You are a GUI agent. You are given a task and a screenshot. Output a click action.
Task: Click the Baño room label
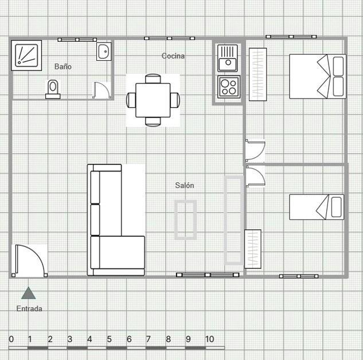click(63, 66)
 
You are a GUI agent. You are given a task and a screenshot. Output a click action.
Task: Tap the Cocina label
click(173, 56)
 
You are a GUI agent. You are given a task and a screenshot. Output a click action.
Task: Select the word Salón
click(184, 185)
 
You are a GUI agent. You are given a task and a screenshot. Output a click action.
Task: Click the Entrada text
click(29, 308)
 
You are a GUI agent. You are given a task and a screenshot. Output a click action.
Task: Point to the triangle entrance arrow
click(28, 294)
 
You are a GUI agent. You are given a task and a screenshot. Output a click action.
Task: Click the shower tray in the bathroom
click(26, 56)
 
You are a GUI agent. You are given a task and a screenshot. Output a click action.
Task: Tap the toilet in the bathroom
click(53, 89)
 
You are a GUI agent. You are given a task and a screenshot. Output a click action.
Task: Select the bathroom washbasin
click(103, 52)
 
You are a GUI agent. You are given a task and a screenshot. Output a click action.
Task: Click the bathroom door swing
click(101, 90)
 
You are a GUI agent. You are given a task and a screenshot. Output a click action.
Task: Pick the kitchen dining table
click(153, 100)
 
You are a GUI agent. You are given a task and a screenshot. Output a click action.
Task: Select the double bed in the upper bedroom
click(317, 76)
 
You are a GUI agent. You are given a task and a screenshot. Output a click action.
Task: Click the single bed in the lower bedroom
click(317, 207)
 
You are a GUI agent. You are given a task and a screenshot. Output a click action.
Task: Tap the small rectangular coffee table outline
click(186, 219)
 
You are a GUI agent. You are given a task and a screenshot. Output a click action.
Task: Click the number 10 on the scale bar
click(209, 339)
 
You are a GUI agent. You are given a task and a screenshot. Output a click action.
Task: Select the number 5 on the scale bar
click(109, 339)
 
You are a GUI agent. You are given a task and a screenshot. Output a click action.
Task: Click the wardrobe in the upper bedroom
click(257, 74)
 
